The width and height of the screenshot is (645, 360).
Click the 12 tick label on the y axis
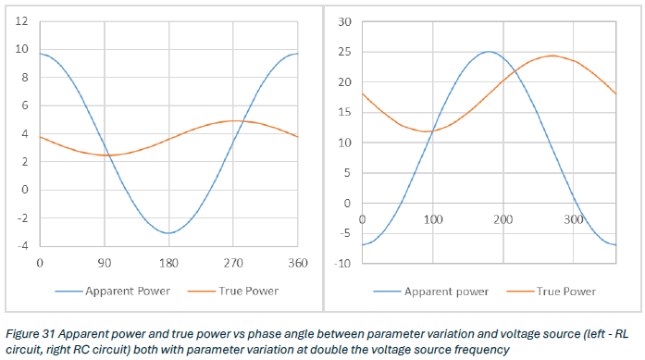coord(22,21)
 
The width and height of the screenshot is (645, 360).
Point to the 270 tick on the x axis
coord(233,264)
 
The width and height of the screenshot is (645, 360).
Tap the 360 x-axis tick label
coord(298,264)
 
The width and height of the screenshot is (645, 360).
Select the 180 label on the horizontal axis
coord(168,264)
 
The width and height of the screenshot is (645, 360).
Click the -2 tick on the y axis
coord(22,218)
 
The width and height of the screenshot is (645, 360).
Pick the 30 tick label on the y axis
coord(345,22)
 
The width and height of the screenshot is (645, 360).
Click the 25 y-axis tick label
coord(345,52)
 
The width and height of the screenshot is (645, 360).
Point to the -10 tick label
coord(342,264)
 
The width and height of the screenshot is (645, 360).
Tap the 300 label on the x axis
coord(574,219)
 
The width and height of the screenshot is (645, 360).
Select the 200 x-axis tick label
coord(503,219)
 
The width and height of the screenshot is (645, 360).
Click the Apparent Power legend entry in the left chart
coord(112,292)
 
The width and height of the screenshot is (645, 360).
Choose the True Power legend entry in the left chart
coord(233,292)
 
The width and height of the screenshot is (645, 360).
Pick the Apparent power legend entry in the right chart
coord(430,292)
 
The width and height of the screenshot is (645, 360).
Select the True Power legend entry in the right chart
coord(552,292)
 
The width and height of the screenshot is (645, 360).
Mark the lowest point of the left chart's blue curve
coord(168,233)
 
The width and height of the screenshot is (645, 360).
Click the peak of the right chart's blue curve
coord(489,52)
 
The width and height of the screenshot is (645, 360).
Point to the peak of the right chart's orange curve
coord(552,56)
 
